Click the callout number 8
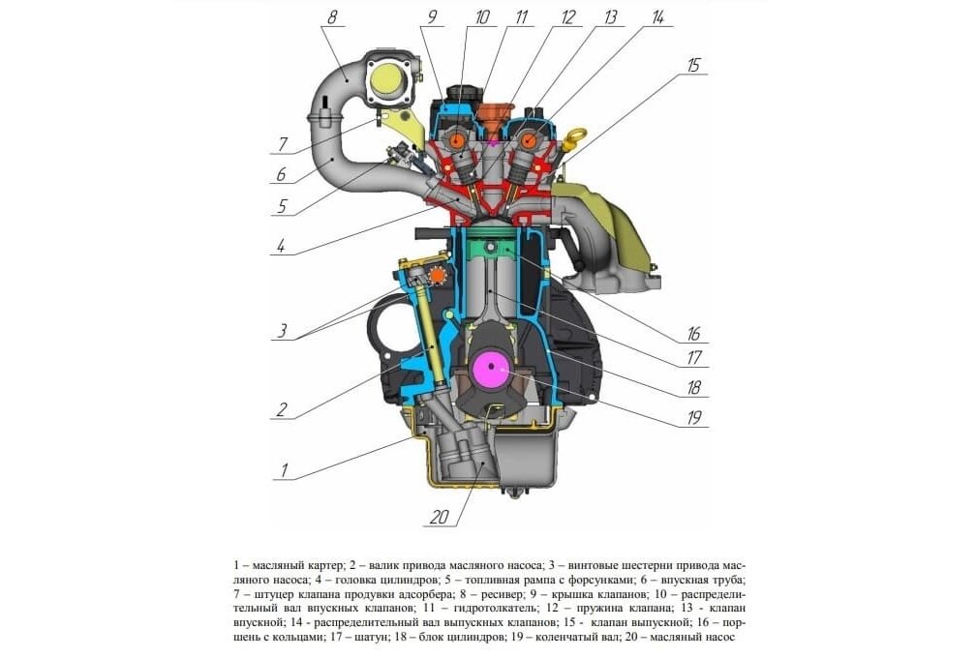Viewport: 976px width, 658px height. pyautogui.click(x=332, y=16)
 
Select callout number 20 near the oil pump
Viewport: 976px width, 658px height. pyautogui.click(x=441, y=517)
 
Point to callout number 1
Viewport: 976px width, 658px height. pyautogui.click(x=284, y=470)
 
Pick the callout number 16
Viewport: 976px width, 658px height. pyautogui.click(x=694, y=333)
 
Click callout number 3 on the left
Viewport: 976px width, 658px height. pyautogui.click(x=282, y=330)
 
